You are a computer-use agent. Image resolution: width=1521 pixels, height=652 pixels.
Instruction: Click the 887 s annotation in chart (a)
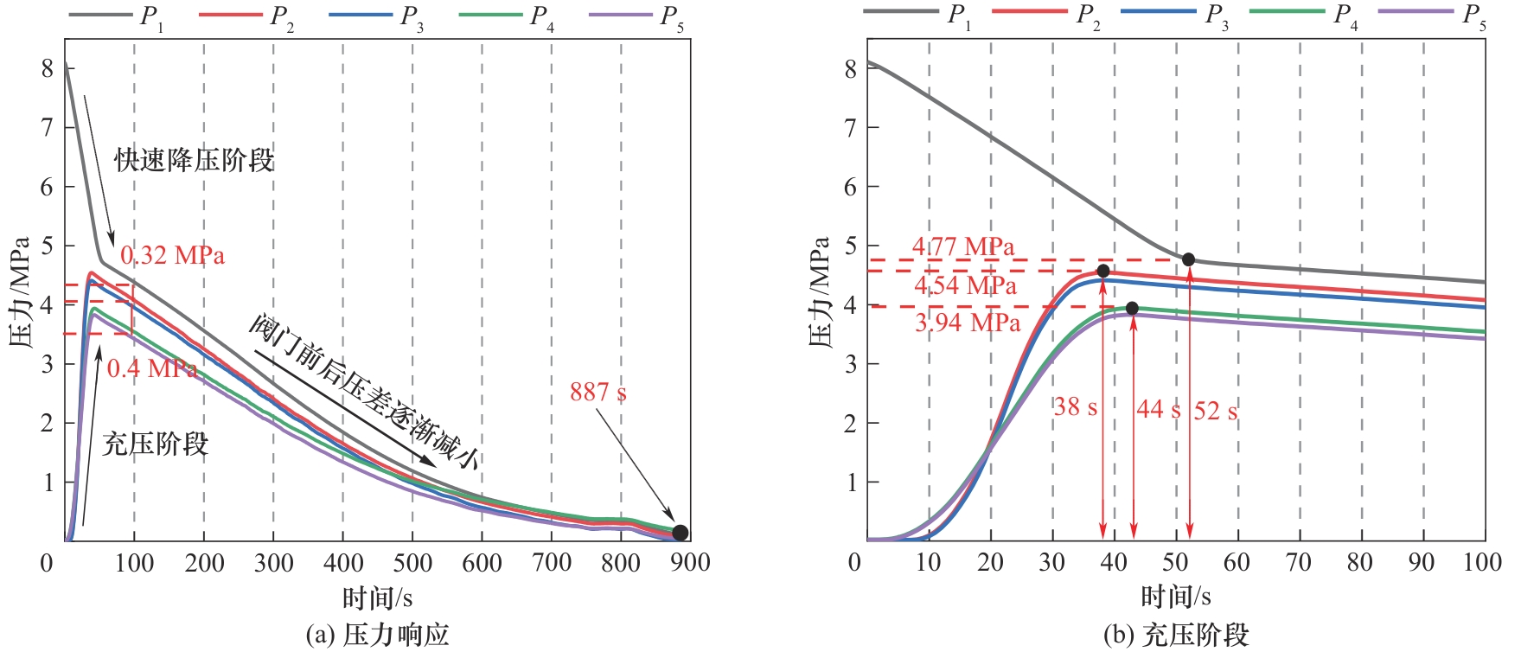click(x=598, y=393)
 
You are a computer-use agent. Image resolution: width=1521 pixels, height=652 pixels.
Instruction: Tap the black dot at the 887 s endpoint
click(x=680, y=533)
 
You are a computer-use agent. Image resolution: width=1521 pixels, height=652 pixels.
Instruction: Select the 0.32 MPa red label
click(x=172, y=256)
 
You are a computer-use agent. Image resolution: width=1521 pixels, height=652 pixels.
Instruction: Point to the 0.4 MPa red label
click(x=151, y=368)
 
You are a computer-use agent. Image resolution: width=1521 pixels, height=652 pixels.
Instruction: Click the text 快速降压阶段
click(x=195, y=160)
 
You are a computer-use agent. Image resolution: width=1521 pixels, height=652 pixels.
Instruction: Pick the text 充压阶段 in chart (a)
click(x=156, y=444)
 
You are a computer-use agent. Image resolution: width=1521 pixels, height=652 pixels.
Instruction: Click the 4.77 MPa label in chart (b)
click(x=963, y=247)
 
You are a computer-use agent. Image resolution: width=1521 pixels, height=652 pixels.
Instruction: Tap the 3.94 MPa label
click(x=968, y=323)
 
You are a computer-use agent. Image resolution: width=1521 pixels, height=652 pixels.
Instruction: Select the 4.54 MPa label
click(x=965, y=285)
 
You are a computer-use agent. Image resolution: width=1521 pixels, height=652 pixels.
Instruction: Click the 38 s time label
click(x=1075, y=406)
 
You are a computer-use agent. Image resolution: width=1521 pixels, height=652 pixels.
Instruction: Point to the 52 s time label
click(x=1215, y=411)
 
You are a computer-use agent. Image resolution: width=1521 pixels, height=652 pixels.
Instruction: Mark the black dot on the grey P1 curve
click(x=1188, y=259)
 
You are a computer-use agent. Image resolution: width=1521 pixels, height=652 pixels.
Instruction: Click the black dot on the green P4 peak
click(x=1132, y=308)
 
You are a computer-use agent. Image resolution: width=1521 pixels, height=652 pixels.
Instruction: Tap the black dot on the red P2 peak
click(x=1102, y=271)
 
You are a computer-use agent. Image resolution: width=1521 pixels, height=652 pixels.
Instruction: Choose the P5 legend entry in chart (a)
click(x=636, y=16)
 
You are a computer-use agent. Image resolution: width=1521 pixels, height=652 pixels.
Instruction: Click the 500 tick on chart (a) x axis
click(x=412, y=563)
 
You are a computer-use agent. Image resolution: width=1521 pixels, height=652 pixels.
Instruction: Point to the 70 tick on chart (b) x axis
click(x=1299, y=563)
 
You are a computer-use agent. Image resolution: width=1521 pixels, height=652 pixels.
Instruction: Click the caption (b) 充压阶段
click(x=1176, y=636)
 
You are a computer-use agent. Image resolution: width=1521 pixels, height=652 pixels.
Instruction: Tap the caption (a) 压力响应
click(x=378, y=636)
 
